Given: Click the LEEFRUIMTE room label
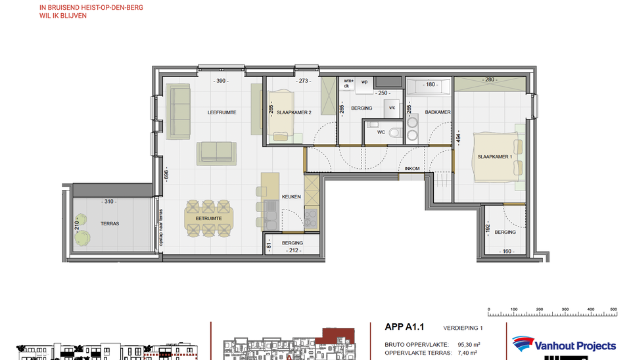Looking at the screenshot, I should click(222, 112).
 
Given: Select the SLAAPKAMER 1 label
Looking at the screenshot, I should click(495, 156).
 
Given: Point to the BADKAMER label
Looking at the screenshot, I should click(438, 112).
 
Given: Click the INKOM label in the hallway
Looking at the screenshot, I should click(412, 168).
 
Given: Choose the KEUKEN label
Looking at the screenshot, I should click(291, 196).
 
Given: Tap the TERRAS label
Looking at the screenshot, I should click(110, 224).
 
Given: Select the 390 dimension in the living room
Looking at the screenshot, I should click(222, 81).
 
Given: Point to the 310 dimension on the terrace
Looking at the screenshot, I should click(109, 202).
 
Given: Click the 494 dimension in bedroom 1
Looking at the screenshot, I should click(460, 139).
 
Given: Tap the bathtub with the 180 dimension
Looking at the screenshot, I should click(429, 86).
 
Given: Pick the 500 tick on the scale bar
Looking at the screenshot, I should click(613, 309).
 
